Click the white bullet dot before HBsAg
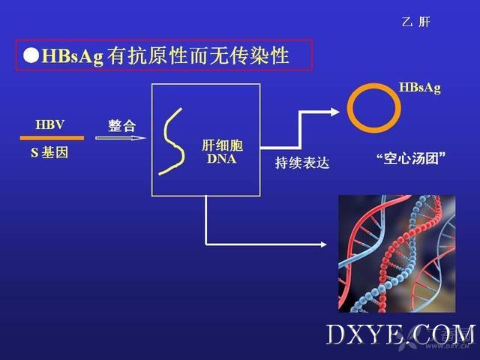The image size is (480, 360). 31,55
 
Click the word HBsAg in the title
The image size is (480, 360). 72,56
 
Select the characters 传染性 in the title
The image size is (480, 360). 259,55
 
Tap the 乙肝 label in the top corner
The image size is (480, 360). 415,22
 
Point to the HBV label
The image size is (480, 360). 50,124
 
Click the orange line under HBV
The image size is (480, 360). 52,138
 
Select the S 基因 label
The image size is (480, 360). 49,152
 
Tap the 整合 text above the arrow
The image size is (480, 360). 121,125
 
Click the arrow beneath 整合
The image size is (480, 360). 121,138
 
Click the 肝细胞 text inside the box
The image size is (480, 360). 222,145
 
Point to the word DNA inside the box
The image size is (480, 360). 222,158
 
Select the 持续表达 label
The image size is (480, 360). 302,163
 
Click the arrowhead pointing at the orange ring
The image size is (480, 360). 335,112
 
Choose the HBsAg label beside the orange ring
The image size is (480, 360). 420,88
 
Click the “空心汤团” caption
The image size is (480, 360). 411,158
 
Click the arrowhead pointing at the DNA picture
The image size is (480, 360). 323,244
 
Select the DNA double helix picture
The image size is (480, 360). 397,253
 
